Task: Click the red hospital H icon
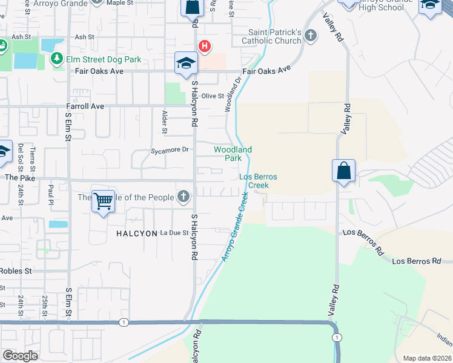[205, 46]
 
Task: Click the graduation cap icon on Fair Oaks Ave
[186, 64]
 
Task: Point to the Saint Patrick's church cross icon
[310, 35]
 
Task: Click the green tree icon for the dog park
[58, 58]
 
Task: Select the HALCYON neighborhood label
[132, 232]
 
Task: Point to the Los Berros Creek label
[258, 180]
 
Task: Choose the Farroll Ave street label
[85, 106]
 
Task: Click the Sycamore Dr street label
[170, 149]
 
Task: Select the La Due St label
[174, 232]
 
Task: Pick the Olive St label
[213, 96]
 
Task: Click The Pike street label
[16, 178]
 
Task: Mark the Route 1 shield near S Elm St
[123, 322]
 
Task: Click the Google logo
[20, 356]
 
